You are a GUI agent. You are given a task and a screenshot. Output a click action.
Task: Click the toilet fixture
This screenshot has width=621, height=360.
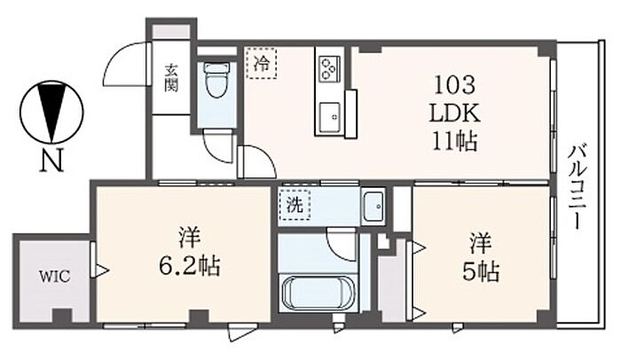pyautogui.click(x=216, y=80)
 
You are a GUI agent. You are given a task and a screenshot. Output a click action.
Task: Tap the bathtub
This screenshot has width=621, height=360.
pyautogui.click(x=318, y=293)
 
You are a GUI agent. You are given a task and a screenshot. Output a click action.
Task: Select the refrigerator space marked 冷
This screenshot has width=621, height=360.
pyautogui.click(x=261, y=63)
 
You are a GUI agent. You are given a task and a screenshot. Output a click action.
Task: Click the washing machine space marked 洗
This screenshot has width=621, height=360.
pyautogui.click(x=295, y=204)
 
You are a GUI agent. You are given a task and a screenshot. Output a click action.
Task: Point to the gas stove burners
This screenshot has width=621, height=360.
pyautogui.click(x=329, y=69)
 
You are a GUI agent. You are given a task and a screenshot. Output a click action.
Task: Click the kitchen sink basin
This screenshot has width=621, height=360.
pyautogui.click(x=329, y=117)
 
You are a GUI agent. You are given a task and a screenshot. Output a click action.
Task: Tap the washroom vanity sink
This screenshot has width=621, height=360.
pyautogui.click(x=373, y=206)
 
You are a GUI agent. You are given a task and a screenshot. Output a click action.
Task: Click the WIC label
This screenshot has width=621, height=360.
pyautogui.click(x=55, y=276)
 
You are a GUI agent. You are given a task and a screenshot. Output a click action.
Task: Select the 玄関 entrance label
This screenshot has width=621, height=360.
pyautogui.click(x=171, y=78)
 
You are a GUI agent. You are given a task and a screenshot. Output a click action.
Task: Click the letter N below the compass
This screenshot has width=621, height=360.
pyautogui.click(x=51, y=160)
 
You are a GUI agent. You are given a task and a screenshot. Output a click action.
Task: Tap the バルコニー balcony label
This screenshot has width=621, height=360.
pyautogui.click(x=577, y=187)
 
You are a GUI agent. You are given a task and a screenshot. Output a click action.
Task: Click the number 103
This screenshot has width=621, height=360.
pyautogui.click(x=454, y=85)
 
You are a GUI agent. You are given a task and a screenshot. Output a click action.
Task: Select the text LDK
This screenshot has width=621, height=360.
pyautogui.click(x=454, y=113)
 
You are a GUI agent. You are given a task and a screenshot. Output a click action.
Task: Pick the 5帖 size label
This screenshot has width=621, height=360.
pyautogui.click(x=481, y=271)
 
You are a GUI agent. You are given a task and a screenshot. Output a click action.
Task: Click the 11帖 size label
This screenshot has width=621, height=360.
pyautogui.click(x=454, y=141)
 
